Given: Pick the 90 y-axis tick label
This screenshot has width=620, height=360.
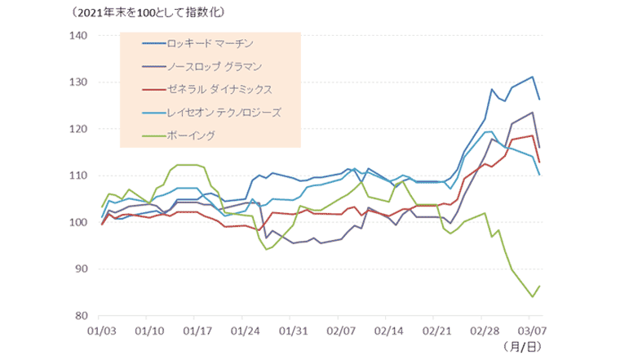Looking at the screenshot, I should [80, 269].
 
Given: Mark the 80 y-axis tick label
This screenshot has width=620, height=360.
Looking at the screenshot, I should [80, 315].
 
